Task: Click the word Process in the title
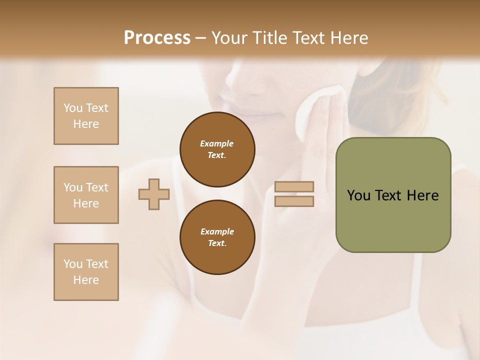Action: point(157,38)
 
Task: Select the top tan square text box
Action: point(86,116)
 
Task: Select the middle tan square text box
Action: point(86,195)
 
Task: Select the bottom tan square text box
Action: point(86,272)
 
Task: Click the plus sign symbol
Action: point(154,194)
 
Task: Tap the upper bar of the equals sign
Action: point(294,186)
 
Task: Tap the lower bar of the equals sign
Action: point(294,201)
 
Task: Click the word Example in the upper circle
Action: point(217,143)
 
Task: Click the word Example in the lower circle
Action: point(217,231)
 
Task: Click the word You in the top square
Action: point(73,108)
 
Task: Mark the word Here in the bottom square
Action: point(86,280)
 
